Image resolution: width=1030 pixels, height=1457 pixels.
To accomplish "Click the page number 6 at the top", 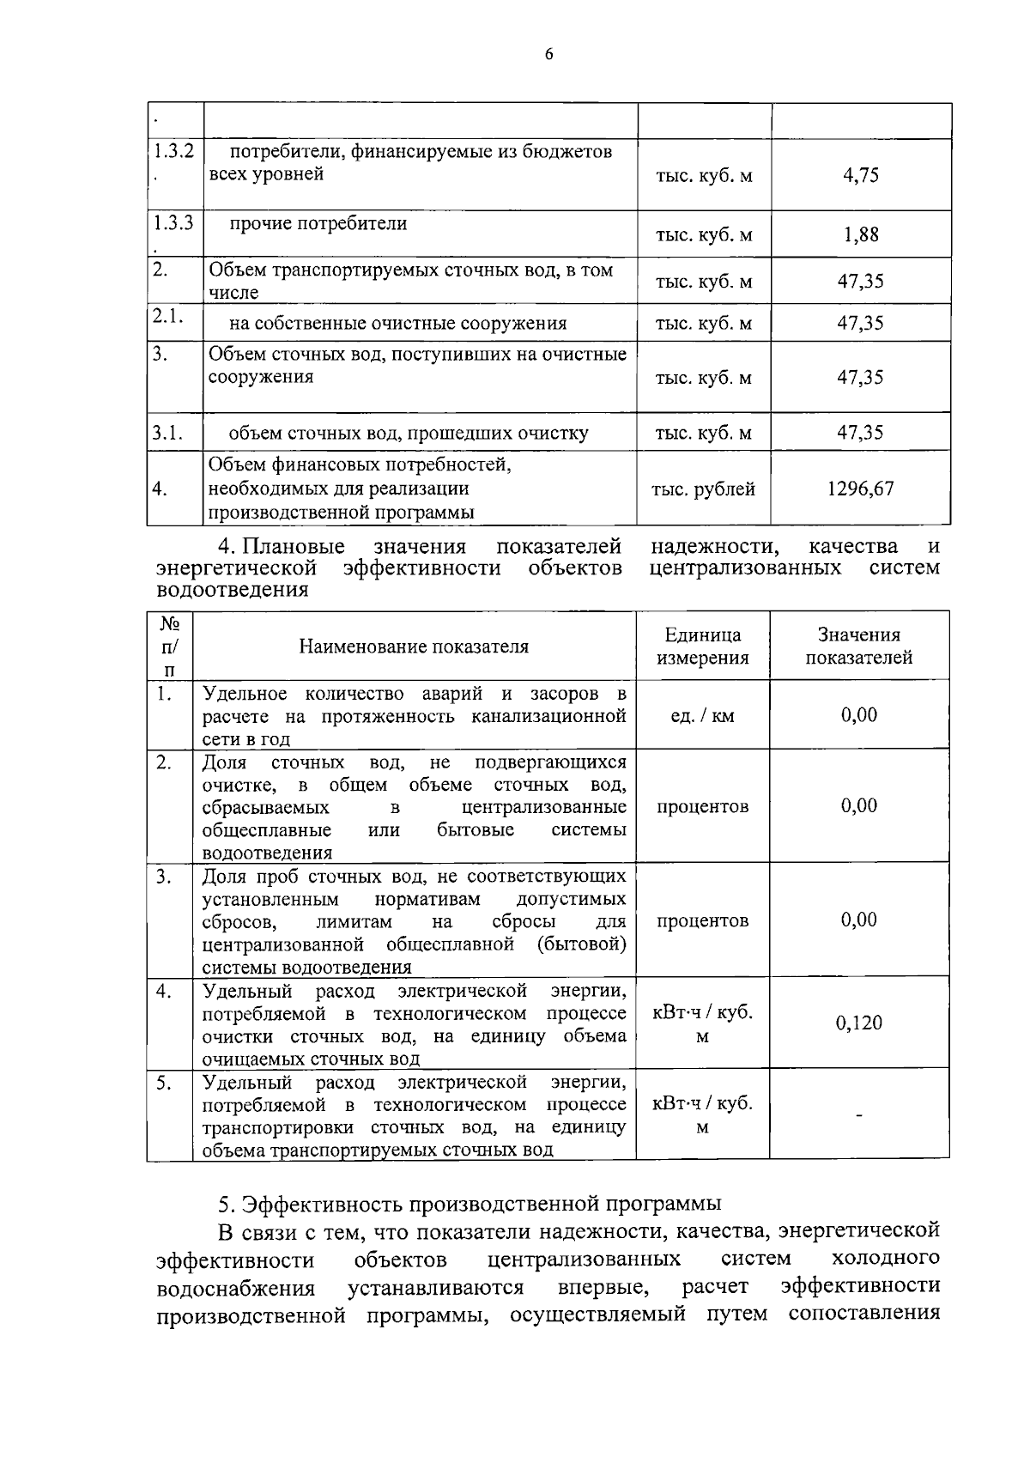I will coord(548,55).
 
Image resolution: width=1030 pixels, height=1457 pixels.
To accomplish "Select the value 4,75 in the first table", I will coord(860,175).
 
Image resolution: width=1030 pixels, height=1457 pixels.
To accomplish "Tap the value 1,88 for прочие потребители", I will coord(860,235).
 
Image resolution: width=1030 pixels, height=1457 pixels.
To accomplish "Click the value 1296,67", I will coord(860,489).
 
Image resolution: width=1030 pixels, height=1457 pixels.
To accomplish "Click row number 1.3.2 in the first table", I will coord(173,152).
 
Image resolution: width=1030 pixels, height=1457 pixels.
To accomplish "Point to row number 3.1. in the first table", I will coord(168,433).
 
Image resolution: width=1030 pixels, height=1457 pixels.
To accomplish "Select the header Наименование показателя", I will coord(414,647).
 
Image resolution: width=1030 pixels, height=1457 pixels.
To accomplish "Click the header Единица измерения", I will coord(702,647).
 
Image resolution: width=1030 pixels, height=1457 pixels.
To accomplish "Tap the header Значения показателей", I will coord(858,647).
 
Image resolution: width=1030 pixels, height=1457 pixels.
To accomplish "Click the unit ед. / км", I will coord(702,715).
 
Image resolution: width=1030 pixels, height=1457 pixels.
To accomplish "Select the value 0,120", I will coord(858,1023).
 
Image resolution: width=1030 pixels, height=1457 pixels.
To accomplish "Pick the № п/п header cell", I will coord(170,646).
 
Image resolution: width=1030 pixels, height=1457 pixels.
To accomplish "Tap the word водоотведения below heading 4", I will coord(233,591).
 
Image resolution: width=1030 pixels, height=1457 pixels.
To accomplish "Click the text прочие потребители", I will coord(318,224).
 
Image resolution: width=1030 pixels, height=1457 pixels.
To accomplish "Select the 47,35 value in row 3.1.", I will coord(860,433).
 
